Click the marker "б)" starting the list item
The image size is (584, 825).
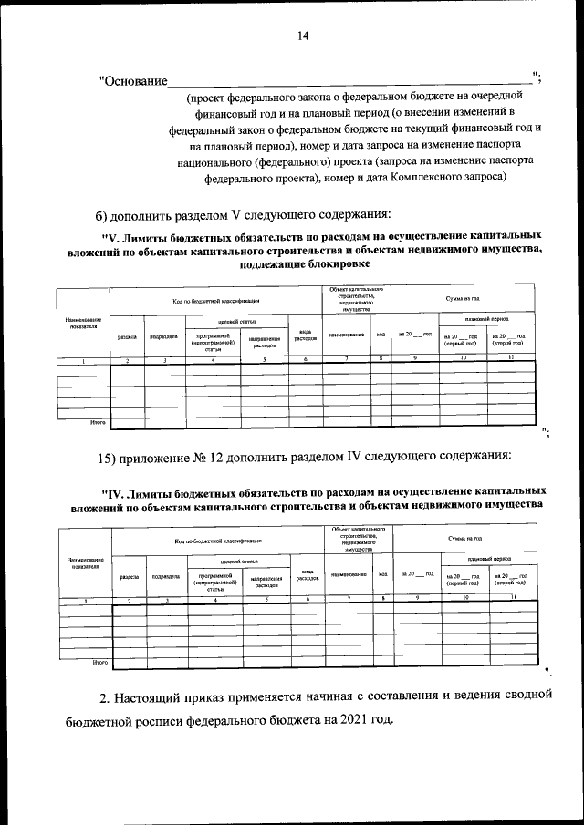tap(104, 215)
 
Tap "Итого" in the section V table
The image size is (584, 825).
tap(98, 423)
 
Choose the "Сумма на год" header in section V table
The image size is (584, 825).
tap(463, 299)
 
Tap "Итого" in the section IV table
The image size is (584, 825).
tap(98, 662)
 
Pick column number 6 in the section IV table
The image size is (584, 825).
tap(308, 599)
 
